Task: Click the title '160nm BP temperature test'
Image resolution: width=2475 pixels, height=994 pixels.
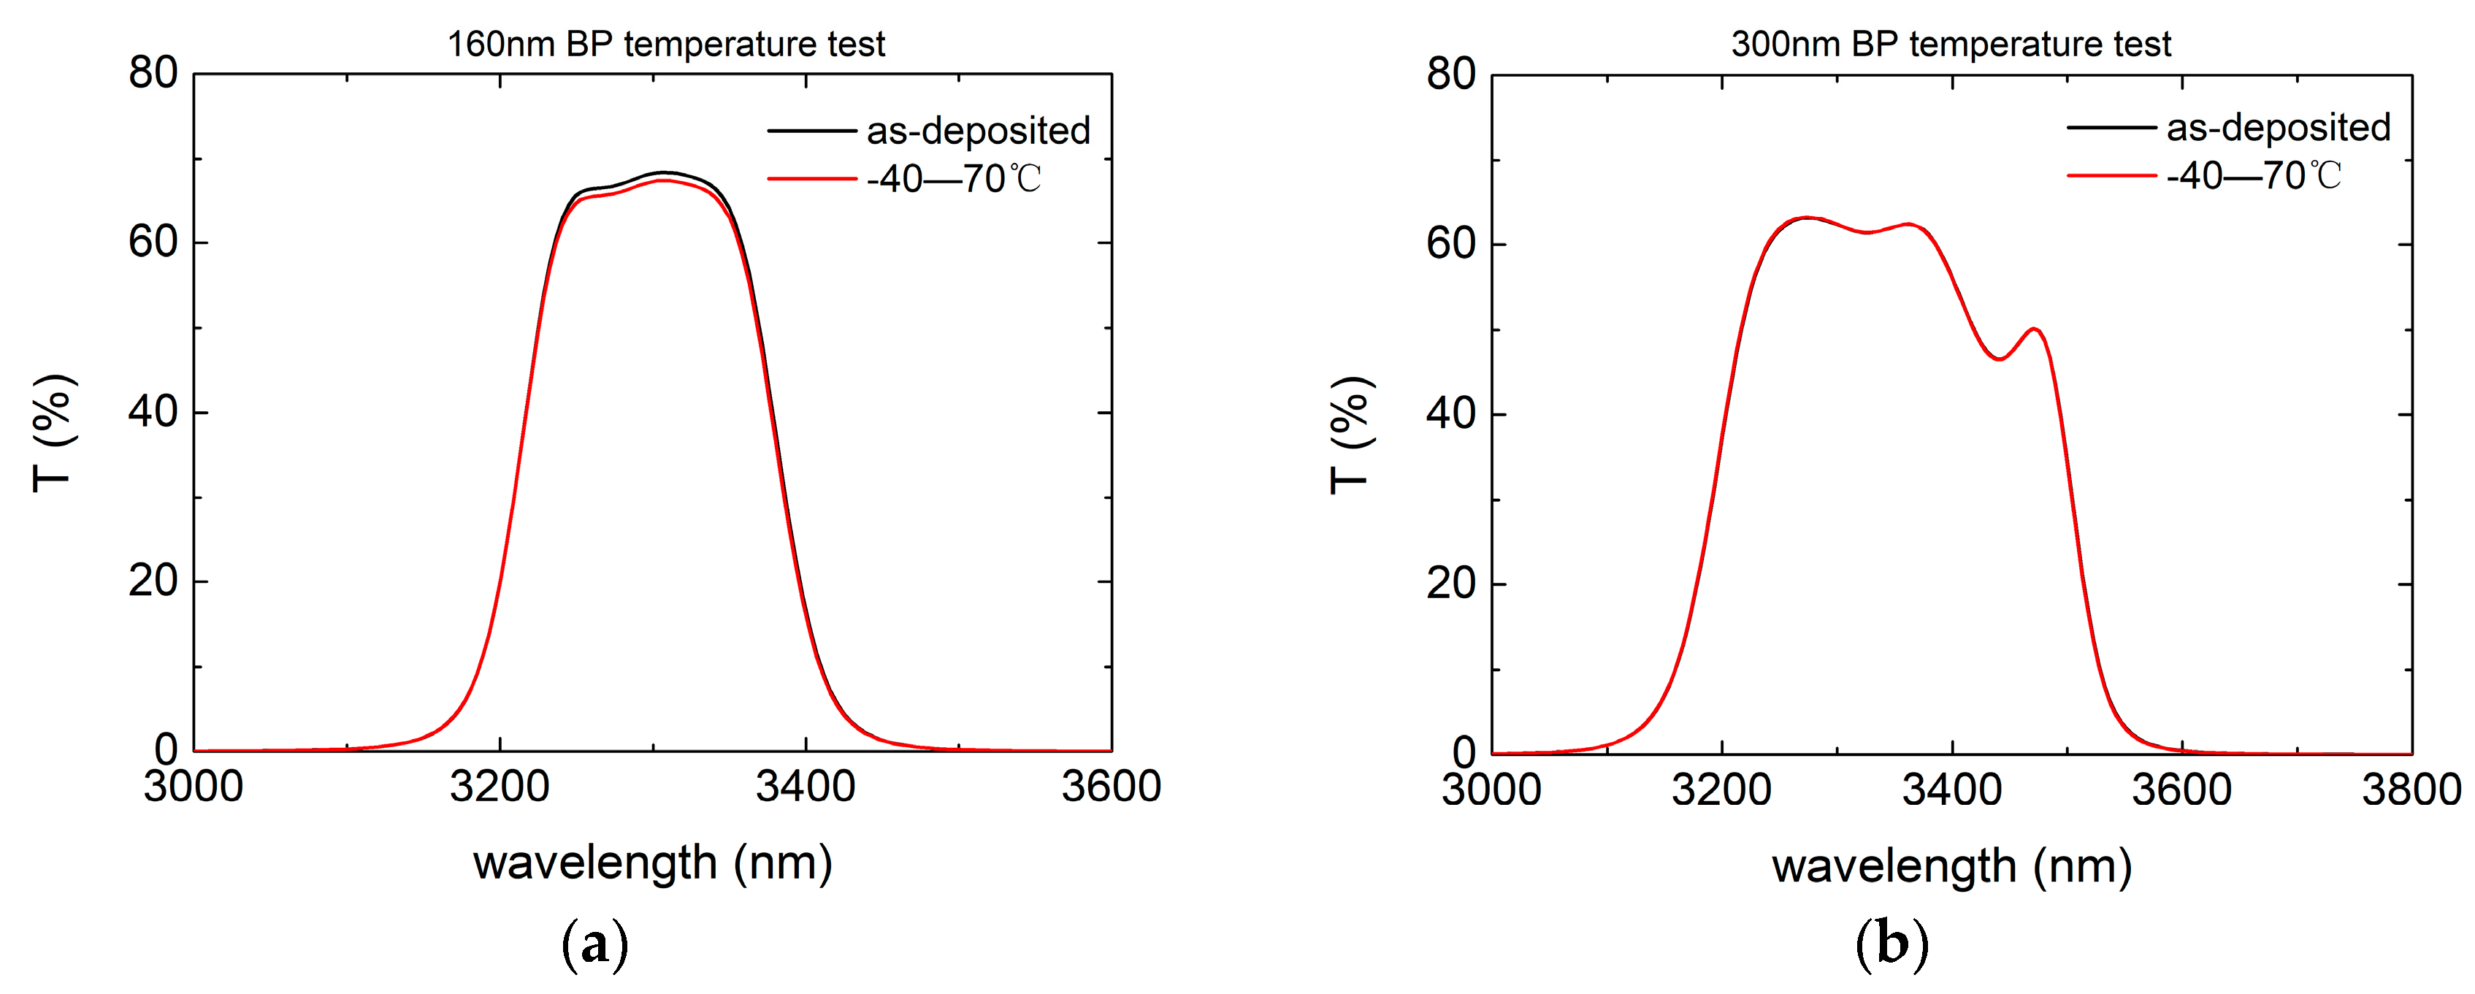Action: click(666, 44)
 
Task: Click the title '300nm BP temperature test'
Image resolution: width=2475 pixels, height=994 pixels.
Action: click(1951, 44)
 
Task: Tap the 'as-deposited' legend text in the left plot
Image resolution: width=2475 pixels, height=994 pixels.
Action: click(978, 131)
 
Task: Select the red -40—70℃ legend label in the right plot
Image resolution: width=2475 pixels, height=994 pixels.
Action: click(2253, 176)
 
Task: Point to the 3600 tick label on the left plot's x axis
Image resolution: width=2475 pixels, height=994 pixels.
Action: click(1111, 787)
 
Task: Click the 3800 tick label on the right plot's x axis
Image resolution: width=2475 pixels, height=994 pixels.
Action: click(2411, 790)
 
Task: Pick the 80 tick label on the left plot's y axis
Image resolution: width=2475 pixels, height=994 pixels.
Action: click(153, 73)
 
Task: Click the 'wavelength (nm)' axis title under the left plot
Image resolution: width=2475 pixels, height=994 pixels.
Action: click(652, 863)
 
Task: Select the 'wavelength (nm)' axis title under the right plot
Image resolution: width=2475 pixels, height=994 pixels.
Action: click(1951, 865)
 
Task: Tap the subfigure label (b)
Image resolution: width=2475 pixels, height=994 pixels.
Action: click(1891, 944)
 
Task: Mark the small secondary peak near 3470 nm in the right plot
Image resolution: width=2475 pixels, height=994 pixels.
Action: click(2034, 329)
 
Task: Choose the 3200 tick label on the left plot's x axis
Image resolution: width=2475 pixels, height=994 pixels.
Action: click(500, 787)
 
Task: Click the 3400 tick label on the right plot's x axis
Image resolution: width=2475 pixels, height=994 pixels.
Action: click(1951, 790)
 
